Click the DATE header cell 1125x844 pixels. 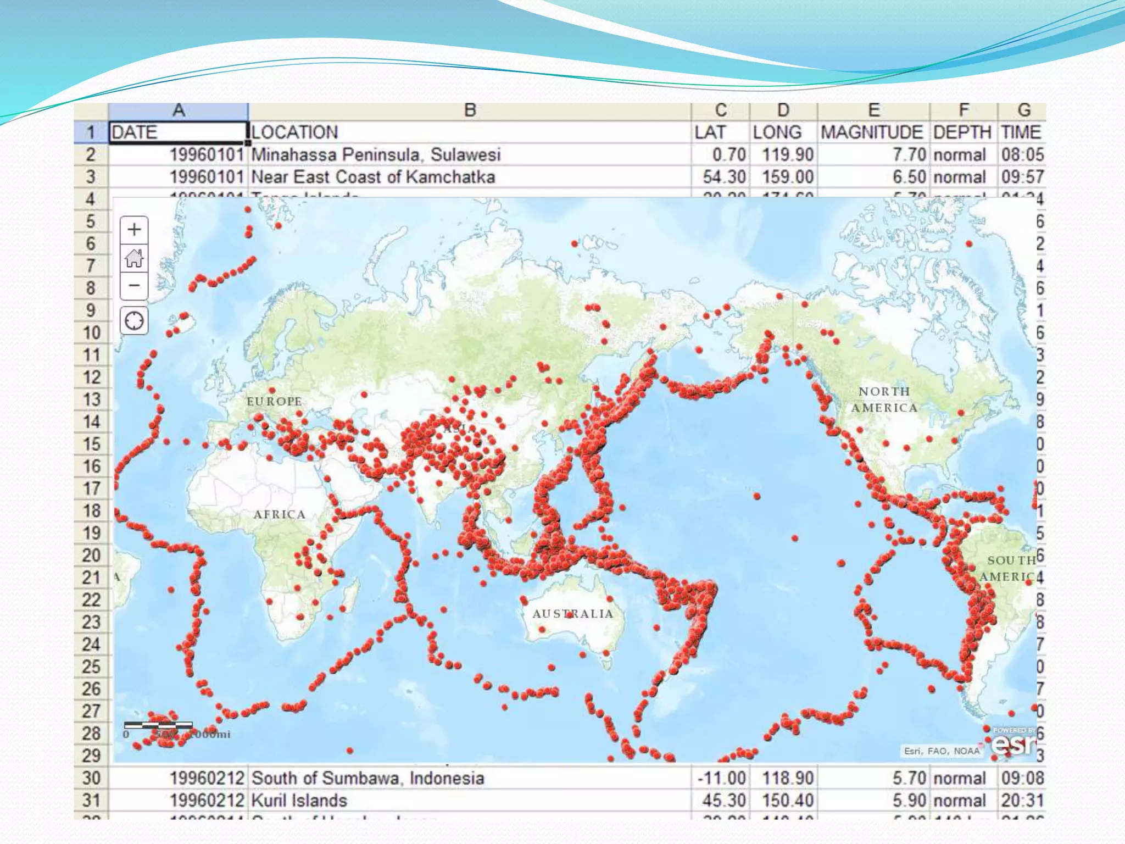click(177, 132)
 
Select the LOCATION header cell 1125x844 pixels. click(295, 132)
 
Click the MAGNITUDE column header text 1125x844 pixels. click(872, 132)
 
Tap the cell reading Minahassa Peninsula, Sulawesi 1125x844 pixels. click(376, 155)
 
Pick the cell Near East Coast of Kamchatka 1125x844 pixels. click(373, 177)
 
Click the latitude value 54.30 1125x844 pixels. click(724, 177)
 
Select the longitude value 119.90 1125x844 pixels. click(787, 155)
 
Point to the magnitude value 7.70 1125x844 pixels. click(909, 155)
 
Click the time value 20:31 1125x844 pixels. click(1022, 801)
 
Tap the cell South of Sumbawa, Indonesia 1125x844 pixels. click(367, 779)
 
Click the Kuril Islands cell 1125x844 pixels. click(299, 801)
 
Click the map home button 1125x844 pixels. click(134, 258)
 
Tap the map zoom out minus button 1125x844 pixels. click(134, 286)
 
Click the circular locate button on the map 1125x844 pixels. click(134, 320)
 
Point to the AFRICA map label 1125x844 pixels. click(279, 515)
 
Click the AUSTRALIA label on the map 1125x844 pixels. click(572, 614)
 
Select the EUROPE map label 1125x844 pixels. click(274, 402)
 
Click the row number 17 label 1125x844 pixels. click(91, 488)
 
